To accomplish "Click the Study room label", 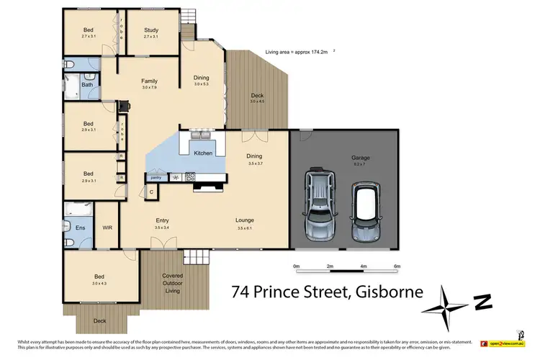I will tap(151, 30).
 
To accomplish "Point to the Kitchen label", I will tap(201, 153).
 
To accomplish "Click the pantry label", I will tap(155, 176).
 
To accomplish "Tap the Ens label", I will tap(79, 228).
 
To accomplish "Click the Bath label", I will tap(87, 85).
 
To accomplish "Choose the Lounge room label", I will tap(245, 220).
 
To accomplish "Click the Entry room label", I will tap(162, 220).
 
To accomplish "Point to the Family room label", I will tap(149, 81).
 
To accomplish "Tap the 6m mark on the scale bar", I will tap(396, 266).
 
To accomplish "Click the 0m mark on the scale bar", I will tap(297, 266).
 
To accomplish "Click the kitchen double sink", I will tap(200, 135).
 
